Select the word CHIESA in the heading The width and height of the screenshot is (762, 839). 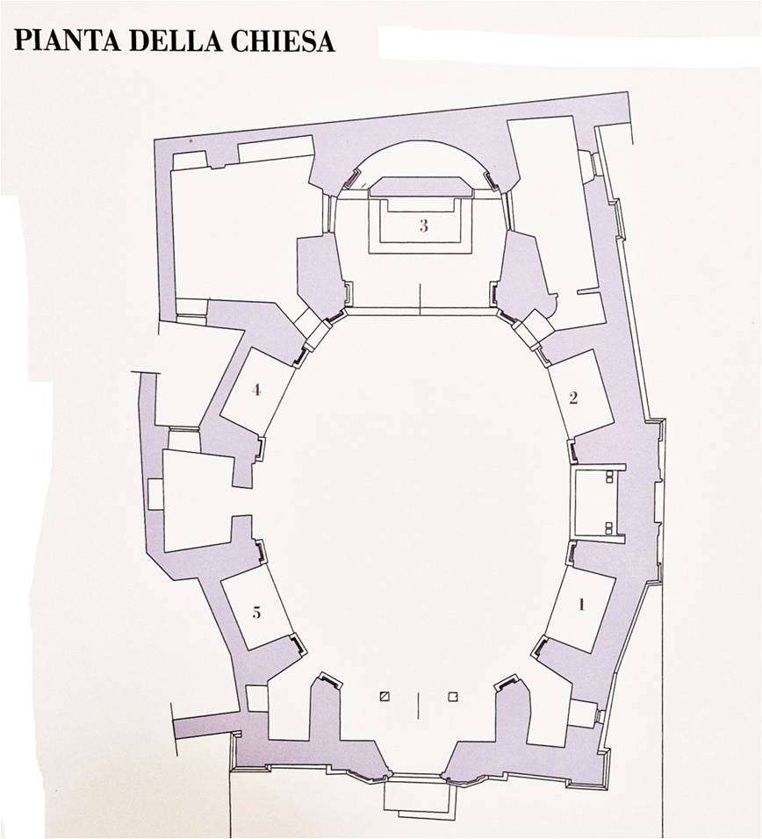pyautogui.click(x=280, y=40)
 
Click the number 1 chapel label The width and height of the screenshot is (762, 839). pyautogui.click(x=581, y=605)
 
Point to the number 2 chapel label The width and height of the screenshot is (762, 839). pyautogui.click(x=573, y=398)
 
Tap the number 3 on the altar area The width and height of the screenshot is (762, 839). pyautogui.click(x=423, y=226)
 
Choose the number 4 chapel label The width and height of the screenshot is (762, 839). pyautogui.click(x=256, y=390)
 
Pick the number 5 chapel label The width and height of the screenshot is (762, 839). pyautogui.click(x=256, y=612)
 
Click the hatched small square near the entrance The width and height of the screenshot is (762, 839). pyautogui.click(x=385, y=697)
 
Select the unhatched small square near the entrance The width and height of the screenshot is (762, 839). pyautogui.click(x=453, y=697)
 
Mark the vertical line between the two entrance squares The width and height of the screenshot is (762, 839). pyautogui.click(x=418, y=702)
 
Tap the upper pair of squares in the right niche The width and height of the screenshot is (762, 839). pyautogui.click(x=609, y=477)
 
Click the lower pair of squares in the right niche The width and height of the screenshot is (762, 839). pyautogui.click(x=609, y=528)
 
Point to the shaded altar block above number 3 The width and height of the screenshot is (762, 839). pyautogui.click(x=421, y=187)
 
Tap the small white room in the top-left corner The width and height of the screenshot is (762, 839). pyautogui.click(x=190, y=160)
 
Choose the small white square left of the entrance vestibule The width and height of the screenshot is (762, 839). pyautogui.click(x=257, y=699)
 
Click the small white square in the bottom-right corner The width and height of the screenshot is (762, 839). pyautogui.click(x=583, y=714)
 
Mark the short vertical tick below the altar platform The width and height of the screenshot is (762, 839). pyautogui.click(x=421, y=299)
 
